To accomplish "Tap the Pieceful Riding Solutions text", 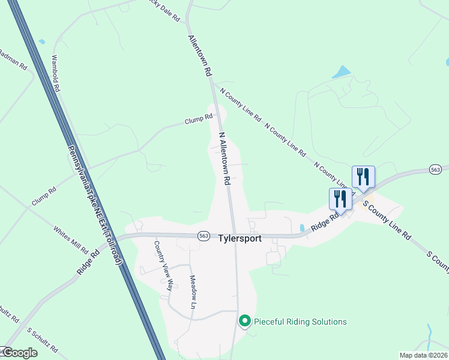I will coord(300,322).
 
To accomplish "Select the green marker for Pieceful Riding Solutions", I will coord(244,322).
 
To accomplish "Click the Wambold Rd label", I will coord(56,73).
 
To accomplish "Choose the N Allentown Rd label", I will coord(225,159).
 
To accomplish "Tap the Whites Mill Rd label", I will coord(71,239).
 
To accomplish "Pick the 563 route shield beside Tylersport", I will coord(204,236).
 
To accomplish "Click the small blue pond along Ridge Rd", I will coord(301,228).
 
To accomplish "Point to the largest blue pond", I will coord(342,73).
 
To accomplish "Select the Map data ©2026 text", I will coord(423,355).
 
